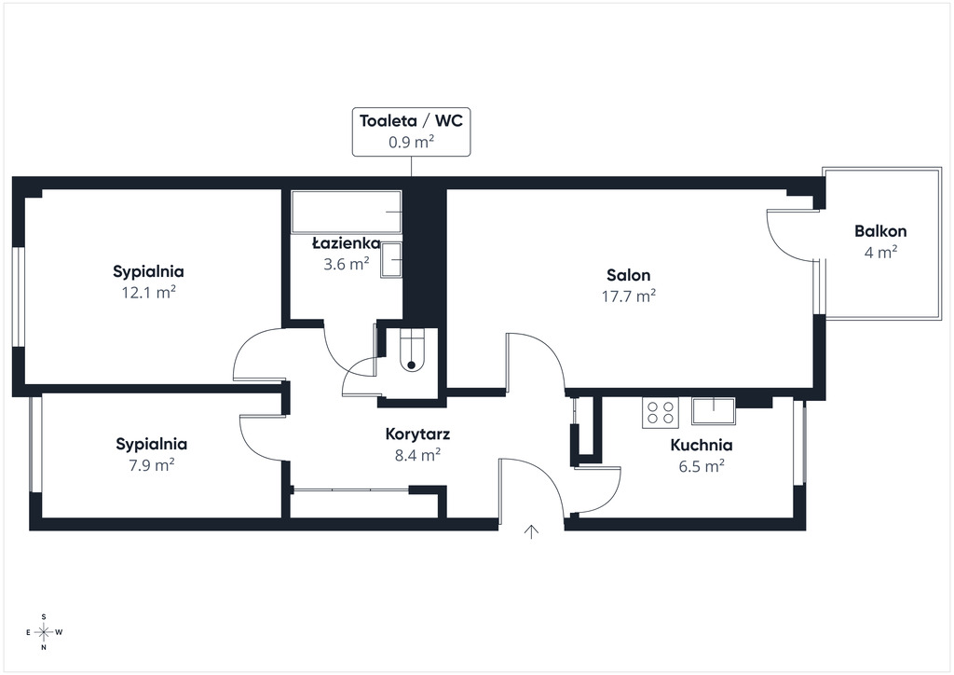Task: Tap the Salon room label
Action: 629,275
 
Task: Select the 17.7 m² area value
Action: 629,296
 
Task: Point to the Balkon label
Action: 880,231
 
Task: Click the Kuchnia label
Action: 702,445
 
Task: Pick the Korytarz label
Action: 418,434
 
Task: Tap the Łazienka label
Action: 347,243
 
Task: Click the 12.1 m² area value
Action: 148,293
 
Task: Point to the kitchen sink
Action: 713,411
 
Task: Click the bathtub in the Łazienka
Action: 347,212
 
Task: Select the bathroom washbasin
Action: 391,260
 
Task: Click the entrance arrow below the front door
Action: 532,531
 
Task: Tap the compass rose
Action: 44,632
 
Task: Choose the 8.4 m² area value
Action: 418,455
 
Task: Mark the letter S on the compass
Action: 44,617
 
